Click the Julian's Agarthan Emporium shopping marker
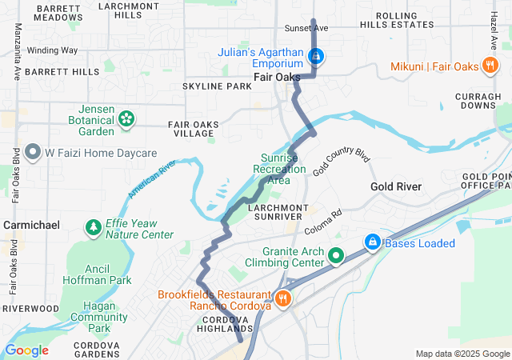pos(317,56)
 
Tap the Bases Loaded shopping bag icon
pos(372,242)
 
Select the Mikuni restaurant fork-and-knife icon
pos(490,66)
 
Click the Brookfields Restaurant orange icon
pos(282,298)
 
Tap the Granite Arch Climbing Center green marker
pos(336,256)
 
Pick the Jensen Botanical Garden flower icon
pos(126,119)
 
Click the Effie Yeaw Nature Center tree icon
pos(94,229)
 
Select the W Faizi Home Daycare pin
pos(34,151)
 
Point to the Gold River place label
pos(396,186)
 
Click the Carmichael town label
pos(31,226)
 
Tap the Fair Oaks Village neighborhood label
pos(191,130)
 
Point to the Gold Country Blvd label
pos(343,162)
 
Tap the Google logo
pos(26,350)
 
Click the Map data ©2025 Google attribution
pos(462,354)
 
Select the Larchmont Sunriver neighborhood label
pos(261,211)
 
